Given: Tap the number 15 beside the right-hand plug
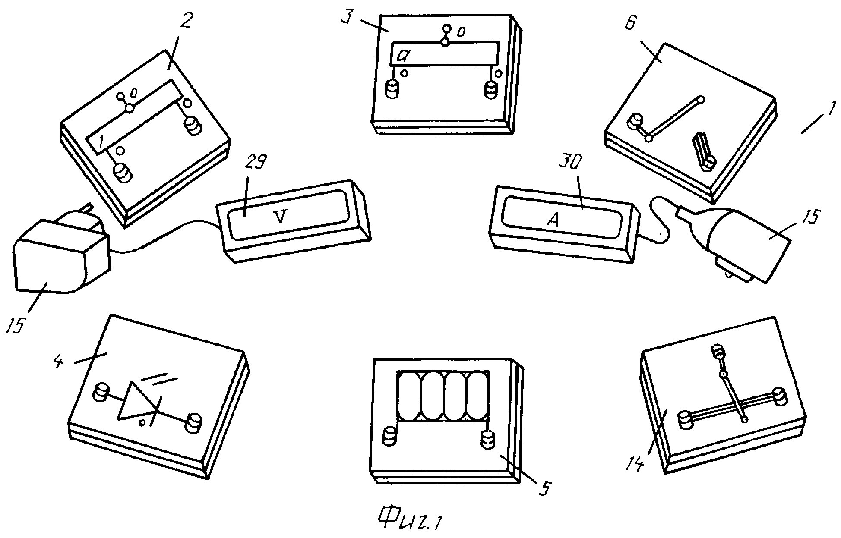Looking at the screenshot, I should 811,217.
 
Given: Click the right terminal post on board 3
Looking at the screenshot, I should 491,90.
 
